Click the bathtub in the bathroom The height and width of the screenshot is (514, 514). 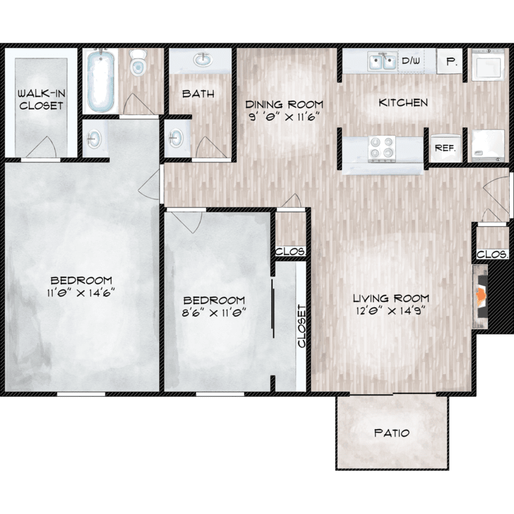[101, 80]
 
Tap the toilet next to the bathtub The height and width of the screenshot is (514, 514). [138, 62]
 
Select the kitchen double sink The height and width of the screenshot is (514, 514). [382, 61]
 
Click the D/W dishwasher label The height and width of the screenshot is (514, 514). [411, 60]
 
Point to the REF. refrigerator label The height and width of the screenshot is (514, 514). [445, 148]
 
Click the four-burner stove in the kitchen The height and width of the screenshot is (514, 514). [382, 149]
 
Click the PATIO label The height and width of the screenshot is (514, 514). [392, 433]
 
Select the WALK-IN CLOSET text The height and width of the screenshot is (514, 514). [41, 99]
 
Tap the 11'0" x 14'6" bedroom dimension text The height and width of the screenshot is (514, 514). [81, 293]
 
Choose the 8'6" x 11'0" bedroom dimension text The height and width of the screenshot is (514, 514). [214, 313]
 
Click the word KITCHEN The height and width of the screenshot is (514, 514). [403, 103]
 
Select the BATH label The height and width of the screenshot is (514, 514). [198, 94]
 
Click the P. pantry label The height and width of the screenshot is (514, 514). [452, 62]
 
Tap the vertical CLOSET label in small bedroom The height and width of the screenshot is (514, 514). [302, 326]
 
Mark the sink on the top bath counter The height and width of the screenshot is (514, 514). [203, 60]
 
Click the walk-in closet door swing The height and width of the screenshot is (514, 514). [41, 147]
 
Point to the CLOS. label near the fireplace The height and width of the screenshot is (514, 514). [493, 254]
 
